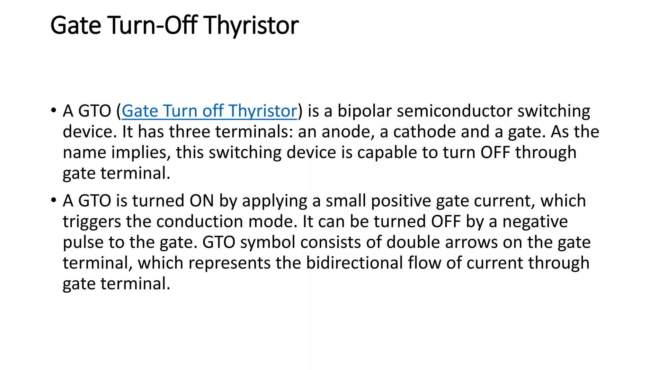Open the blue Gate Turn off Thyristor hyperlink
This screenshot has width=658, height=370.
[x=209, y=111]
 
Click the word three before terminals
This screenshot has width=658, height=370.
[x=190, y=132]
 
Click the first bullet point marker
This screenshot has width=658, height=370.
[x=53, y=110]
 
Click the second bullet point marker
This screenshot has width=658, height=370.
[x=53, y=200]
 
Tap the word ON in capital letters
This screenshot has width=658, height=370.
[x=201, y=201]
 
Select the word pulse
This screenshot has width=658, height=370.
[x=83, y=242]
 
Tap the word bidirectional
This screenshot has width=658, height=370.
[x=354, y=263]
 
